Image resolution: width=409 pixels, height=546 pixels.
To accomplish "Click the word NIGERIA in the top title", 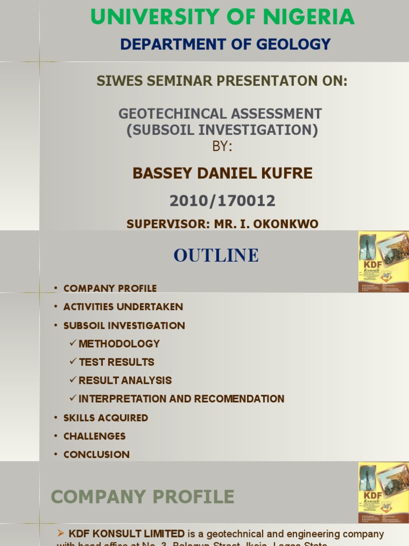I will pos(301,17).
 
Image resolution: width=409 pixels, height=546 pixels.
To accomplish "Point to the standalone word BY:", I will pos(222,146).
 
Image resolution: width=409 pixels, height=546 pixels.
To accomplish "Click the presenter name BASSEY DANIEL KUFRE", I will pos(222,173).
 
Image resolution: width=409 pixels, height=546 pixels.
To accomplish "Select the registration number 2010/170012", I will pos(222,201).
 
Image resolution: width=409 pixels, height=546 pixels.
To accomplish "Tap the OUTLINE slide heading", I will pos(216,255).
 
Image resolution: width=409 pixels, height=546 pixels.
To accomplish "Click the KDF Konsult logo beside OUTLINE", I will pos(383,261).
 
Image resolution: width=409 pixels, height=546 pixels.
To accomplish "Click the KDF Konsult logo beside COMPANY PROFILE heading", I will pos(383,492).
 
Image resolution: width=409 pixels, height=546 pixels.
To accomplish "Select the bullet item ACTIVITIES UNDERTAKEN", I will pos(123,307).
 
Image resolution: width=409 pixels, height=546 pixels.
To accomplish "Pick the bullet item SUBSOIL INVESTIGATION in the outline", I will pos(124,326).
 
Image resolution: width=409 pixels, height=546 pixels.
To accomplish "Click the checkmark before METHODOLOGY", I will pos(73,343).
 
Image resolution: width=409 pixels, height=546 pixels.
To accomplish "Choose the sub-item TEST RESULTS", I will pos(117,362).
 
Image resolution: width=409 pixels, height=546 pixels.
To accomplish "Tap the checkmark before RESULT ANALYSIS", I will pos(73,380).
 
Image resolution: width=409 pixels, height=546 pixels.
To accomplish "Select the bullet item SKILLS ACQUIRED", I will pos(105,418).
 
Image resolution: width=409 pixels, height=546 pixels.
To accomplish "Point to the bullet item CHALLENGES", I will pos(94,436).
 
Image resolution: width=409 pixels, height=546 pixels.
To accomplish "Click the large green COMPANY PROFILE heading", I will pos(142,497).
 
